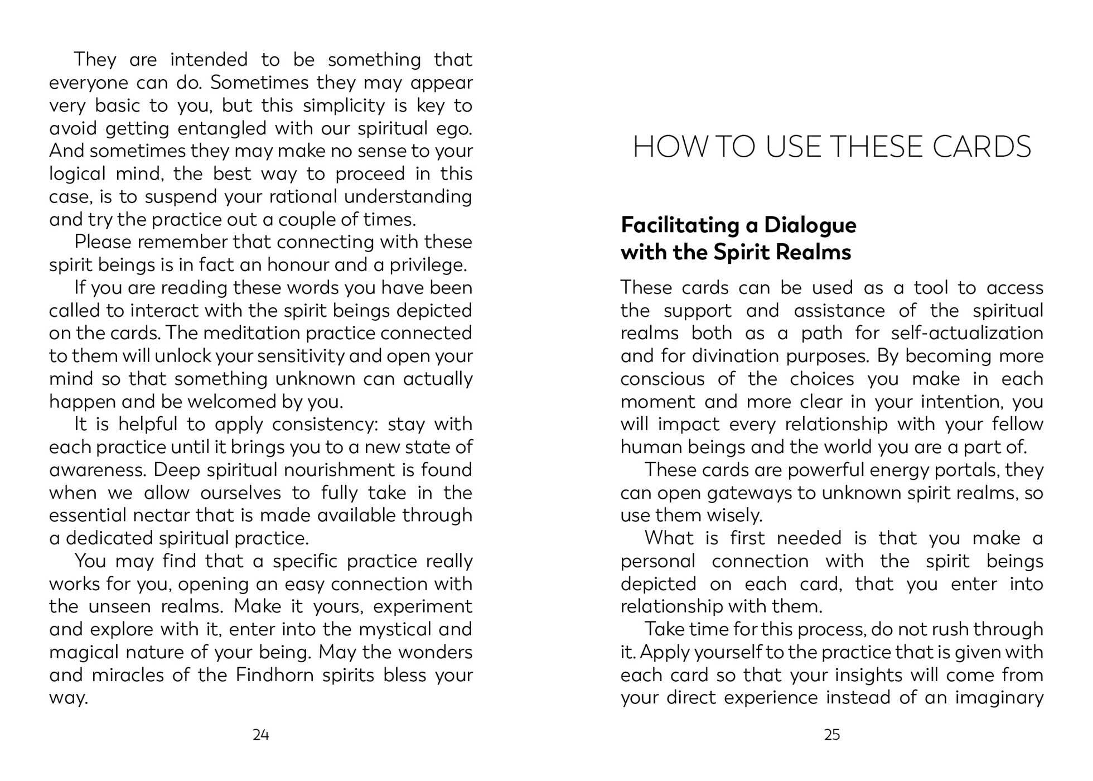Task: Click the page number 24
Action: click(260, 735)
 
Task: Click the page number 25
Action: click(831, 735)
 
